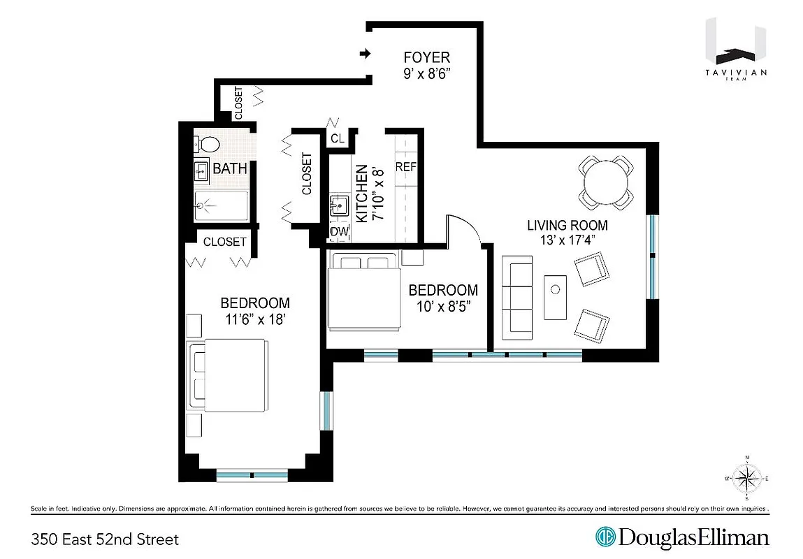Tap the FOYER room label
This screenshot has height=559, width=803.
(426, 57)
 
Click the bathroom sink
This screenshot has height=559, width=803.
(202, 170)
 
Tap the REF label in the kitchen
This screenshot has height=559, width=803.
(406, 167)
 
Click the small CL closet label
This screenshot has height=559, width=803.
(338, 138)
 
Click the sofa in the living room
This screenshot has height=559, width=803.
(517, 297)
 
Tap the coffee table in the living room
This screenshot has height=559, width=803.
(556, 297)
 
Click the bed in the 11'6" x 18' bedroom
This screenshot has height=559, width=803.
(229, 376)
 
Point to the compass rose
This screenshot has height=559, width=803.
(747, 479)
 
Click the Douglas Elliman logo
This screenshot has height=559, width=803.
(682, 538)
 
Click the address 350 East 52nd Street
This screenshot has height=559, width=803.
(105, 539)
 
